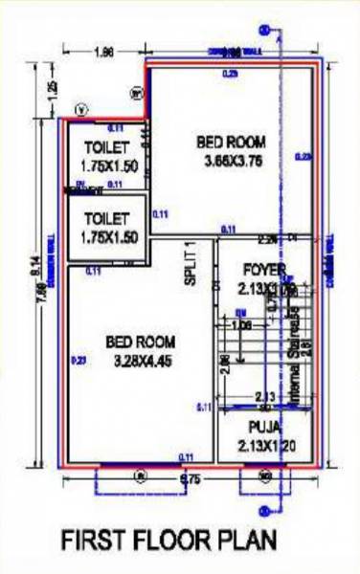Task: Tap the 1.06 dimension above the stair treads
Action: [241, 324]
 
